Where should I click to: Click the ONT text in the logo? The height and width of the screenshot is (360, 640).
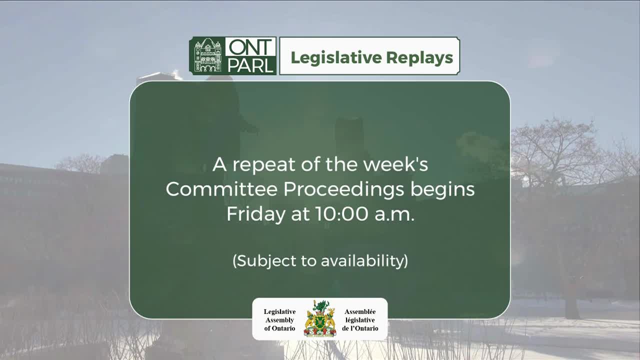click(x=250, y=48)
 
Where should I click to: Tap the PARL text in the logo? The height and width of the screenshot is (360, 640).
click(x=250, y=65)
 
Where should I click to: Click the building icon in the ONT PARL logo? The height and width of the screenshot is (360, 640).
click(x=207, y=56)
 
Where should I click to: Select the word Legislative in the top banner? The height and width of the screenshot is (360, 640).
click(x=328, y=57)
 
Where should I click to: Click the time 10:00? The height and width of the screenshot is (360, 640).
click(x=338, y=214)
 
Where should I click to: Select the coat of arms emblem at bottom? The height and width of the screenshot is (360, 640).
click(x=320, y=318)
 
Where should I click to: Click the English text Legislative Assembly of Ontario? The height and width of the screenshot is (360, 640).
click(x=279, y=320)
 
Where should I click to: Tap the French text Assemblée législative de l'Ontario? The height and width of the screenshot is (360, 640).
click(x=360, y=320)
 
